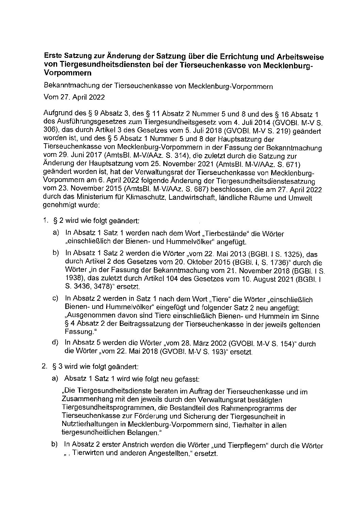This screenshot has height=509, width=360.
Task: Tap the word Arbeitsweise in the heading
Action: point(300,56)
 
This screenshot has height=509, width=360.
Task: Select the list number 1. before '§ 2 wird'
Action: point(44,220)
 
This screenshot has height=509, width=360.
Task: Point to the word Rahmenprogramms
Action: point(263,408)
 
